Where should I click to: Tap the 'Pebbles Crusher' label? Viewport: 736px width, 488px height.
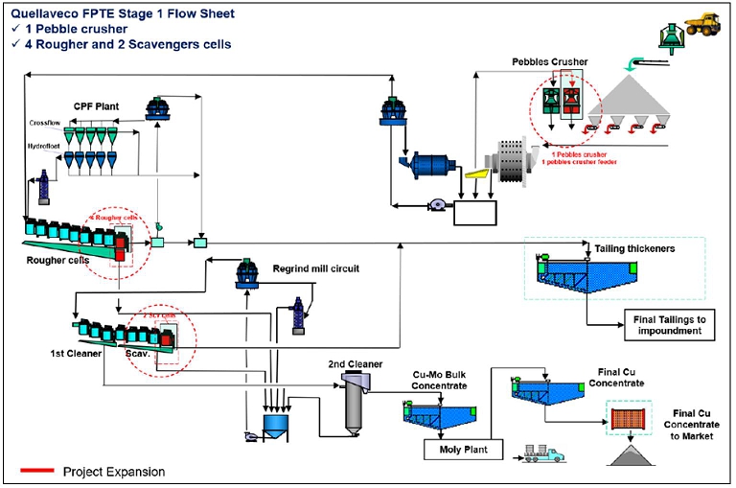548,61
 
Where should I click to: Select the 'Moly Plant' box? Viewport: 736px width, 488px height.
462,447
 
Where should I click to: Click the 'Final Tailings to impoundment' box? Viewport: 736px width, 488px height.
668,324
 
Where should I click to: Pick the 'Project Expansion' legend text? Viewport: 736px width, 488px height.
114,471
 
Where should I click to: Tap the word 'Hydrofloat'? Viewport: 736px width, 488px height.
44,145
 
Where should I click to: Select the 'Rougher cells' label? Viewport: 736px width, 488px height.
53,258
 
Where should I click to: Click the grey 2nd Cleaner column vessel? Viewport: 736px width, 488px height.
354,405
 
